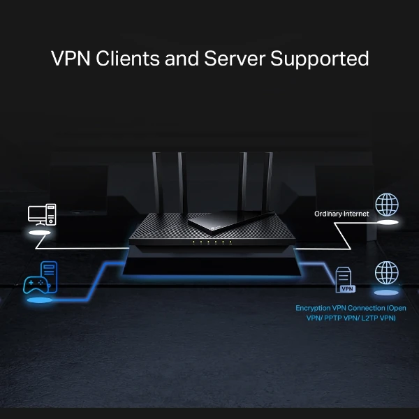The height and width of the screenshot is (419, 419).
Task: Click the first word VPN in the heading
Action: (70, 58)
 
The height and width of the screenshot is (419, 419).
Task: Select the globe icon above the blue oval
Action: (386, 272)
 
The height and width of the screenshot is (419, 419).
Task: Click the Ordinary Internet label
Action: (341, 214)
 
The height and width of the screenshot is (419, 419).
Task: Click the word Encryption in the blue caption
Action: (317, 308)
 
